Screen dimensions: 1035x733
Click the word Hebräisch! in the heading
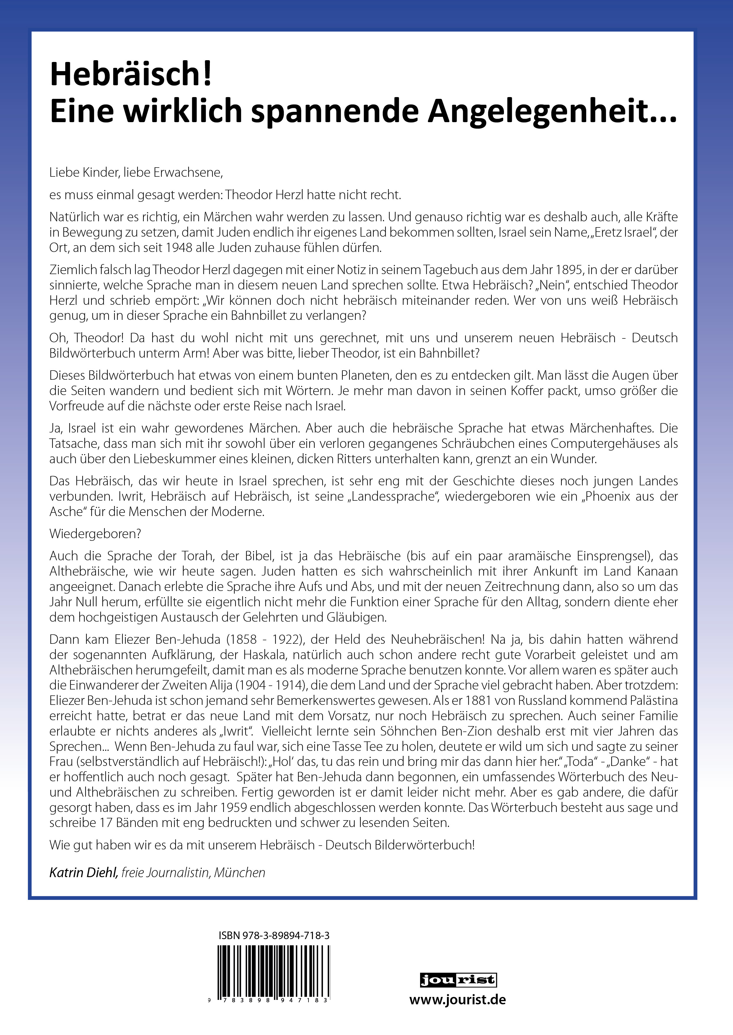click(x=131, y=74)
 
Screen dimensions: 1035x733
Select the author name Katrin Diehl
click(x=84, y=873)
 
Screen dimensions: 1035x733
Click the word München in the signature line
click(x=240, y=873)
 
